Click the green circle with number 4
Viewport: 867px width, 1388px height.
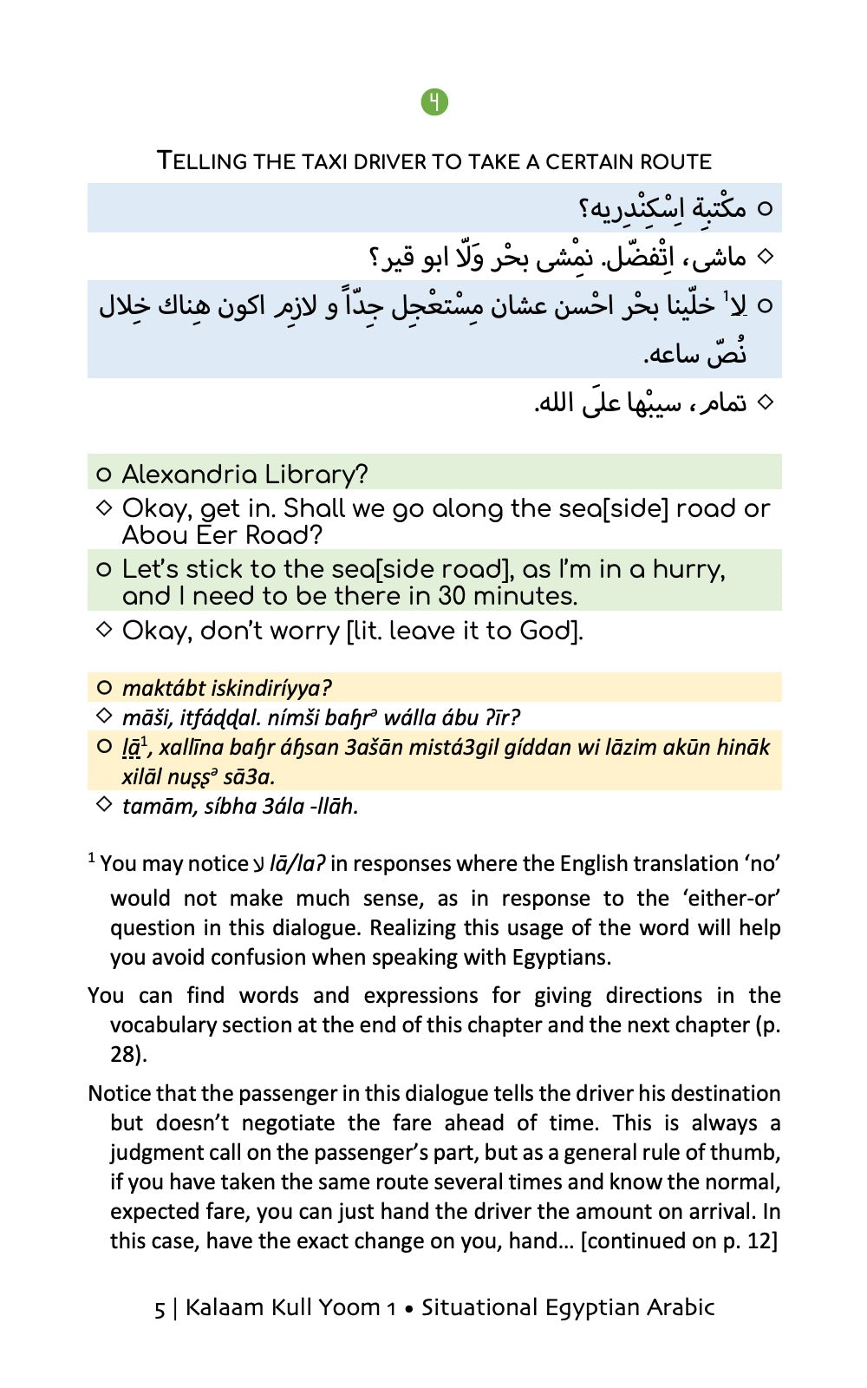point(434,102)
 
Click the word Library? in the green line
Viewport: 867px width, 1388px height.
point(316,475)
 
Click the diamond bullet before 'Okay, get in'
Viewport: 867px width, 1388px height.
point(104,507)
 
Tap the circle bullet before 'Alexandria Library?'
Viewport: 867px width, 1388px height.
point(104,475)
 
